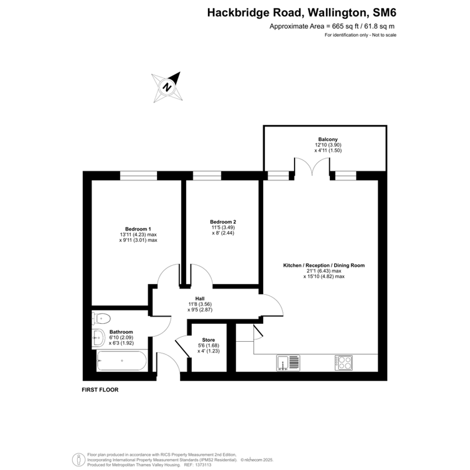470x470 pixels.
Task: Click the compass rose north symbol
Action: (167, 88)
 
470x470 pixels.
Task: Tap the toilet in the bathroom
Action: (101, 318)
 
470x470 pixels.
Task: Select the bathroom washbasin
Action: (98, 338)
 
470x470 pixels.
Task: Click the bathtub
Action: (122, 361)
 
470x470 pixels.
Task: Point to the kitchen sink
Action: (288, 363)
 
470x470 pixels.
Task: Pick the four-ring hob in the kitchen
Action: (344, 363)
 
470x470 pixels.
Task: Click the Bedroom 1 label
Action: (138, 229)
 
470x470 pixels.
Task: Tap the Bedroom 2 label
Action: (223, 222)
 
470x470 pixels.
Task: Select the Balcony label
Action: (328, 139)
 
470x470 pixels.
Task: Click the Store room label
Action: (208, 340)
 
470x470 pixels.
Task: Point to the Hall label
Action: (200, 298)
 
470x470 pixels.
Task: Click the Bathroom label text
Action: (121, 332)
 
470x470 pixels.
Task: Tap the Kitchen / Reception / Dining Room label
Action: (324, 265)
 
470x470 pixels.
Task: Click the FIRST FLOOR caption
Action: (100, 389)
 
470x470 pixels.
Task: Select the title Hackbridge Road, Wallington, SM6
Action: (301, 13)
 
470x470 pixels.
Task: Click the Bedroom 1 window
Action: (138, 176)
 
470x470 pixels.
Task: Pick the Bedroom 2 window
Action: (207, 176)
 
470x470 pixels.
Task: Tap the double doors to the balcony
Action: (312, 167)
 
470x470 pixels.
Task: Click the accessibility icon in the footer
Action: (79, 460)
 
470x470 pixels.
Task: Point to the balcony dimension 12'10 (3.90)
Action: (328, 145)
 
